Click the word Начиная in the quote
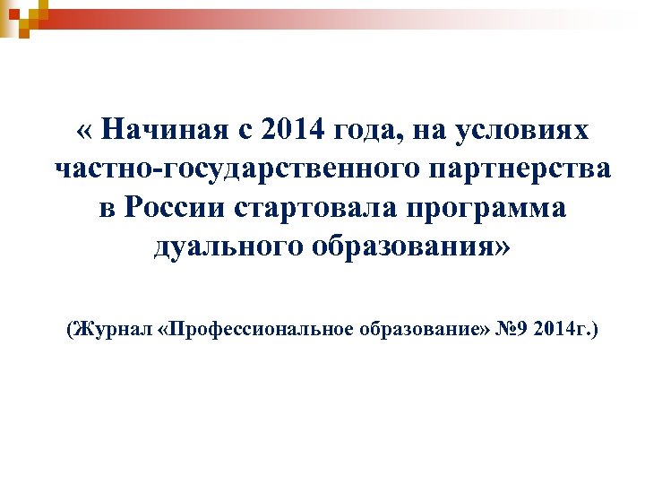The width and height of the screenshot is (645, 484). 167,131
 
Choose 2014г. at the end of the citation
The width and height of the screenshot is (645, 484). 561,331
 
